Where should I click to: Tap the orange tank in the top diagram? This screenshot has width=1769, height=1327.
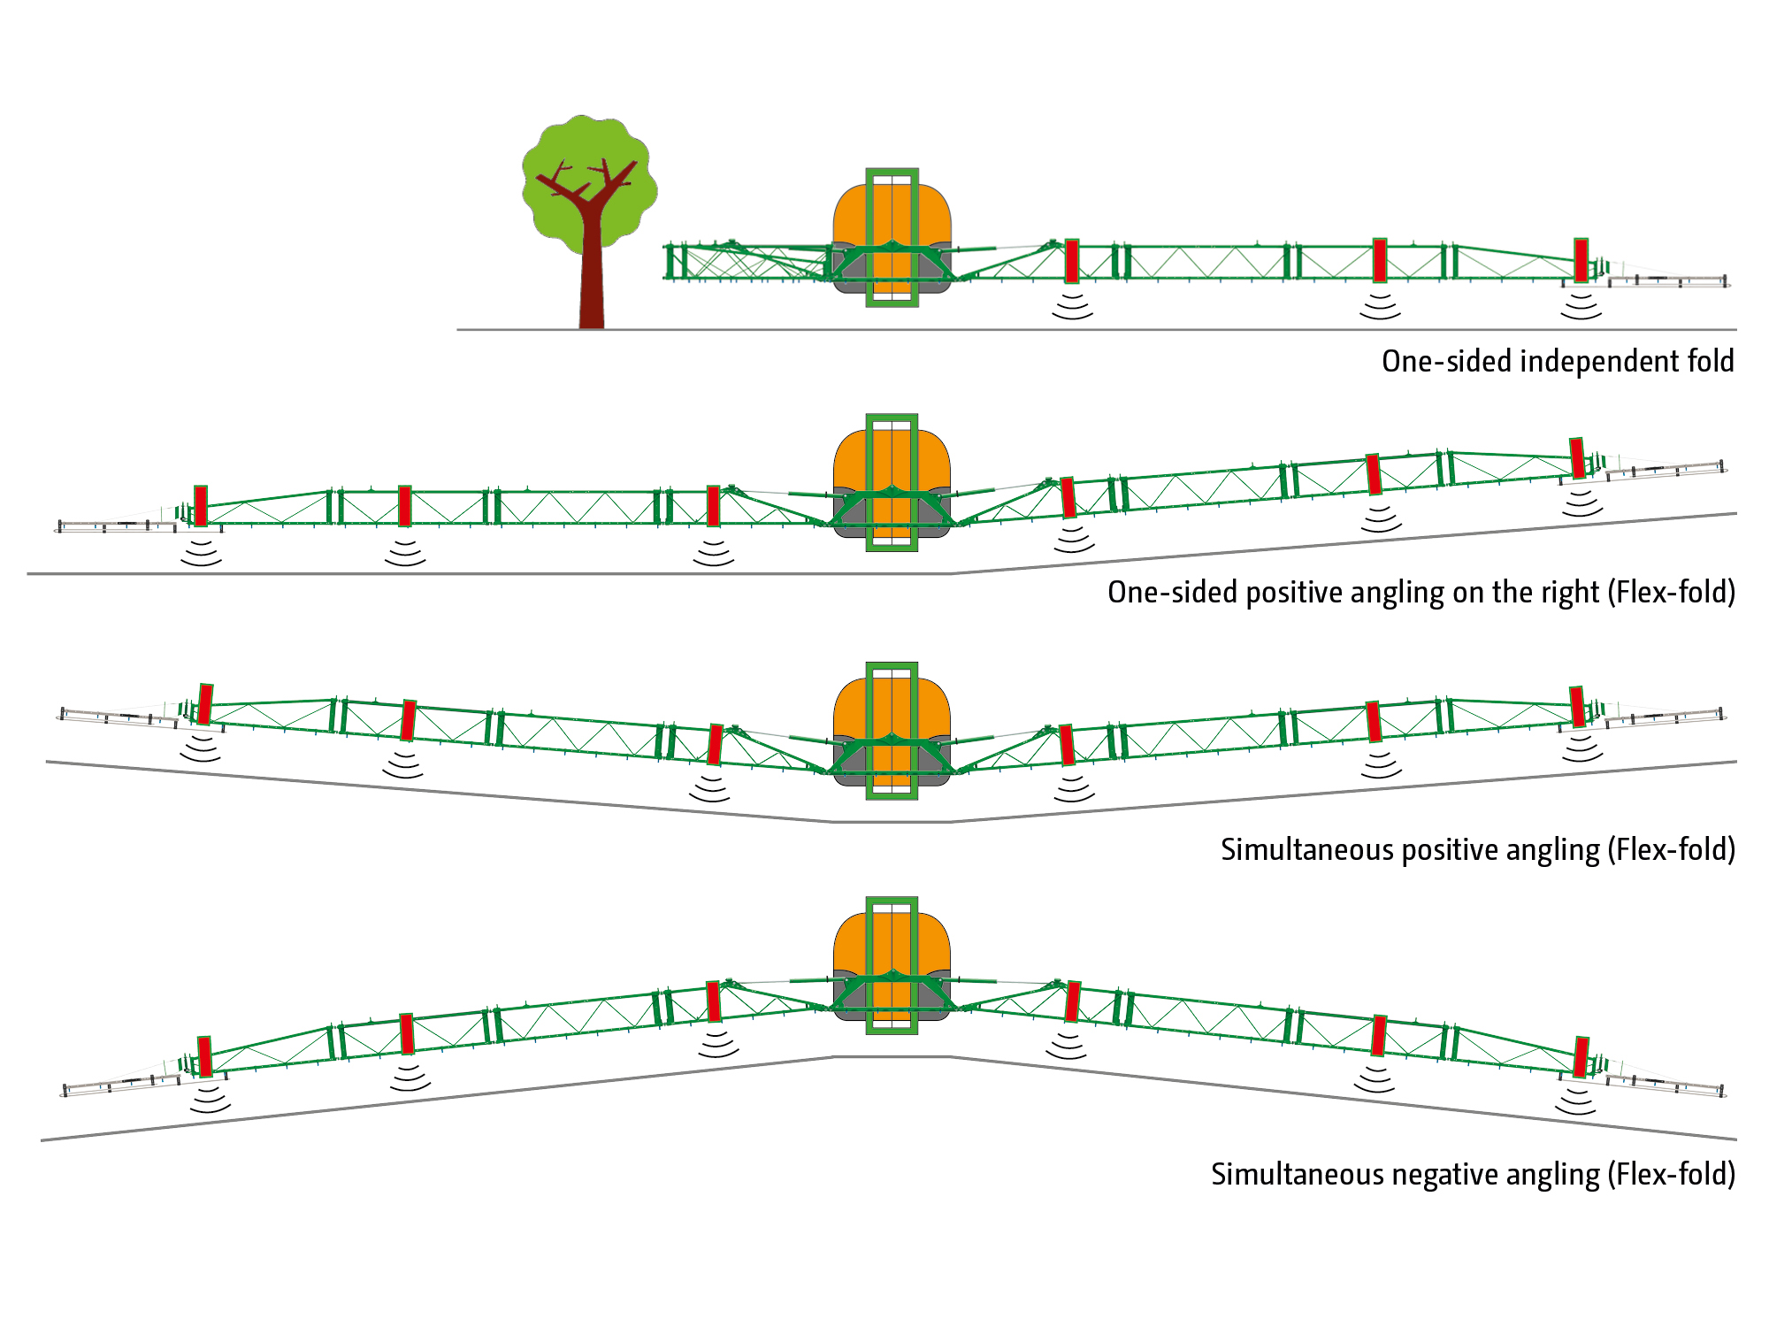(x=849, y=217)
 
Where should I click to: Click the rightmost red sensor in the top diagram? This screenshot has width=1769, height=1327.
(x=1581, y=259)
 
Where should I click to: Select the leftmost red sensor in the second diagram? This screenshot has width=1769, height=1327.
(x=201, y=506)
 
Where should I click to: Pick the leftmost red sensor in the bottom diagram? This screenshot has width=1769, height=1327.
(x=204, y=1056)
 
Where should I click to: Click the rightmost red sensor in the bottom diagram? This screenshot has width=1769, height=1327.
(x=1581, y=1056)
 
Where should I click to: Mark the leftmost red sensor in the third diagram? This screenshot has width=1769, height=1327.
(x=205, y=704)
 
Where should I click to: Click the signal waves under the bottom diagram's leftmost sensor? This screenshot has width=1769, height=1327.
(x=210, y=1100)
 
